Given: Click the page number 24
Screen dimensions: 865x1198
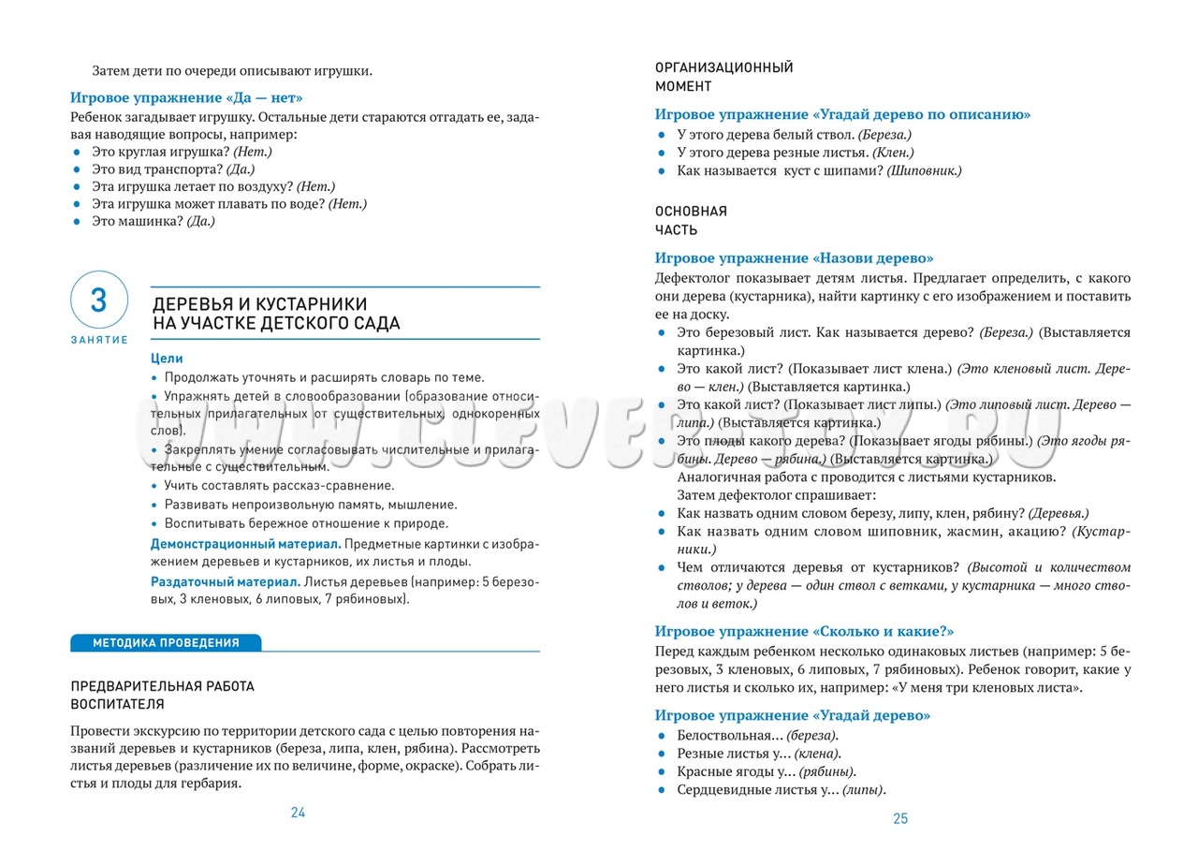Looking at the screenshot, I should tap(298, 813).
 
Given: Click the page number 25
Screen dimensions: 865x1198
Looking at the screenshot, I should tap(900, 819).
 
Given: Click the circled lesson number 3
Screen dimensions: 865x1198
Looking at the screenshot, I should tap(98, 301).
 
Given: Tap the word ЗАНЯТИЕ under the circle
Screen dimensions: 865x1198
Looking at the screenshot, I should tap(98, 340).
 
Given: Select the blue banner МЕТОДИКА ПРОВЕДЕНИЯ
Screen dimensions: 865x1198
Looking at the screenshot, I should tap(166, 643).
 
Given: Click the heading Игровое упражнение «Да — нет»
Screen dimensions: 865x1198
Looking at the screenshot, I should tap(187, 97).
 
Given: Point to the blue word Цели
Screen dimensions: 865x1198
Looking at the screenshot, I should tap(167, 359).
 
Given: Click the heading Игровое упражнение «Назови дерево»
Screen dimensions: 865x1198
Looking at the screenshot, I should tap(794, 258).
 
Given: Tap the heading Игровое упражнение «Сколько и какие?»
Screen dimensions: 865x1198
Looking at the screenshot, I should tap(804, 632).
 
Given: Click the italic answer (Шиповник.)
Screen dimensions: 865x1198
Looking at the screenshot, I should tap(923, 170).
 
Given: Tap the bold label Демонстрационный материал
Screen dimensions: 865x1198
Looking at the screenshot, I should tap(246, 544).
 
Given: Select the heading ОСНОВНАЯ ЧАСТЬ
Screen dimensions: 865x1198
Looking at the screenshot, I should tap(691, 220).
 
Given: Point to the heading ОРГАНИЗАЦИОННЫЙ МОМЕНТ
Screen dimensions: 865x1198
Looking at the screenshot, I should tap(723, 77).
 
